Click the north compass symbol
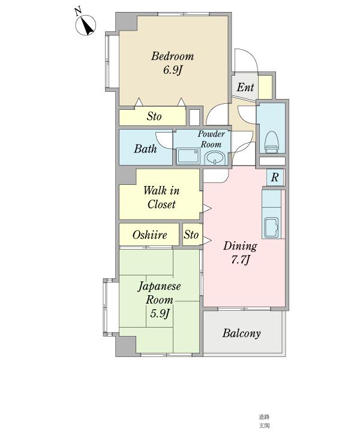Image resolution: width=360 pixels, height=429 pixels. click(85, 25)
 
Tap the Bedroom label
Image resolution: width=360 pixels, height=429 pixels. click(172, 56)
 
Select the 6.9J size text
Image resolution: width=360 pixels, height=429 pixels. click(172, 70)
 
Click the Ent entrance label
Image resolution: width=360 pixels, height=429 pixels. click(245, 87)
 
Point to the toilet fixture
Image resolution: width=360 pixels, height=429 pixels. click(272, 142)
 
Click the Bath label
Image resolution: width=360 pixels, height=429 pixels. click(145, 149)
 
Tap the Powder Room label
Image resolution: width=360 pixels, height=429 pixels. click(211, 139)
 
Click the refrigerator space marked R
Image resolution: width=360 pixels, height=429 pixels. click(275, 177)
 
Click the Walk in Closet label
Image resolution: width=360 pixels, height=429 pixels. click(161, 197)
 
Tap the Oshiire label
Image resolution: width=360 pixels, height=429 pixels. click(149, 235)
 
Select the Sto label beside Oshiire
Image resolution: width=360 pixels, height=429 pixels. click(191, 235)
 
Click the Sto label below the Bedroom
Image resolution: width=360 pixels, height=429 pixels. click(154, 116)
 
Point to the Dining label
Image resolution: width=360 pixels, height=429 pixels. click(240, 246)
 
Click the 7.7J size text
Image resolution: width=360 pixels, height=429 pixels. click(240, 260)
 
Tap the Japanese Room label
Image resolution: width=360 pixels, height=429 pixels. click(159, 293)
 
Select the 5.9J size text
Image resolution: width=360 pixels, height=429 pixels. click(160, 313)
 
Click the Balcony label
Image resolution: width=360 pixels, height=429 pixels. click(241, 333)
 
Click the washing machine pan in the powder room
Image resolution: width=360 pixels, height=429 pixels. click(188, 156)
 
